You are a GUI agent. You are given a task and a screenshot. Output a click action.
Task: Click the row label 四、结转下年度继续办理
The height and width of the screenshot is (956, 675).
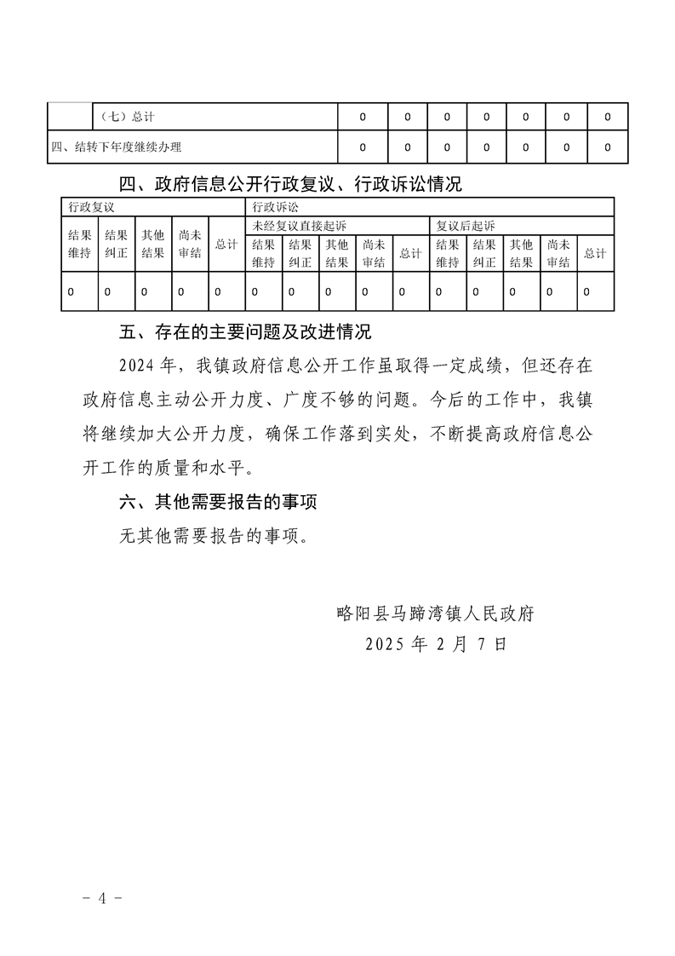click(x=116, y=147)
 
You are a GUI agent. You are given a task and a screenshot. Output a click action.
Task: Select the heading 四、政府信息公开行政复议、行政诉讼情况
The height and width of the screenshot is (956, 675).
click(x=290, y=183)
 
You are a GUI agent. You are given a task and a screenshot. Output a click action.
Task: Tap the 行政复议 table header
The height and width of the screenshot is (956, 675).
click(x=91, y=207)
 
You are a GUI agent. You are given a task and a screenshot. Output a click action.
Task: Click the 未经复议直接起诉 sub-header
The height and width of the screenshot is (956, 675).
click(x=300, y=225)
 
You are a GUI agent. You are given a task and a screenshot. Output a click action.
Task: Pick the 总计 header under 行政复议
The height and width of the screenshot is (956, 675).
click(x=226, y=245)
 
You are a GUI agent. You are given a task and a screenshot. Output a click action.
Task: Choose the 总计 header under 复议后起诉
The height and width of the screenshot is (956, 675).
click(x=594, y=253)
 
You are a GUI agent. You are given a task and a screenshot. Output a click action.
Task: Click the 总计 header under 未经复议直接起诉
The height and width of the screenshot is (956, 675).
click(x=410, y=253)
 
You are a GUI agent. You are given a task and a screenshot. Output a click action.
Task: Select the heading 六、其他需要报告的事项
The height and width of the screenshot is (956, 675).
click(x=218, y=503)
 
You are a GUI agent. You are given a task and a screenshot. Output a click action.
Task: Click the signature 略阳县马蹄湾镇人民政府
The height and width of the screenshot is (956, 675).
click(x=435, y=612)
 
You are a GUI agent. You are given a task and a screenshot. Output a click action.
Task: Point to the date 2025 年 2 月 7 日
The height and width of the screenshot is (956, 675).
click(x=436, y=645)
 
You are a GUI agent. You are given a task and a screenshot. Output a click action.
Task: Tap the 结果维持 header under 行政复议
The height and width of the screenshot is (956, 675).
click(x=80, y=245)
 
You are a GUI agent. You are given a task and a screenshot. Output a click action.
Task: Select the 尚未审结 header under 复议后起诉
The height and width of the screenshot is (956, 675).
click(x=558, y=253)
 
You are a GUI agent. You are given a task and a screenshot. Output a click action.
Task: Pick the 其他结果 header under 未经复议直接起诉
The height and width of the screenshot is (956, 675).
click(x=337, y=253)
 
